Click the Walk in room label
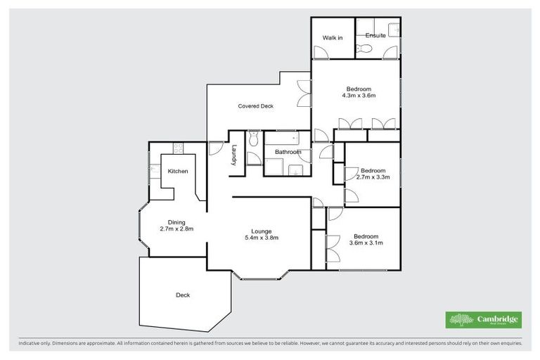tap(332, 37)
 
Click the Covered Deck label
tap(255, 106)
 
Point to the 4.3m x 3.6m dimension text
tap(359, 96)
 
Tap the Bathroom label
tap(288, 152)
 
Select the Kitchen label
tap(177, 172)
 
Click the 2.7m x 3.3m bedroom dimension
tap(373, 178)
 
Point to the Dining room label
tap(176, 222)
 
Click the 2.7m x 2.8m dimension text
tap(176, 229)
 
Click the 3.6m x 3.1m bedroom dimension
tap(366, 243)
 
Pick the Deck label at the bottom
tap(183, 295)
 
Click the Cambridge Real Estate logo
tap(484, 319)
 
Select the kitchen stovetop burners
tap(178, 148)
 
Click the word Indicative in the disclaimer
tap(30, 344)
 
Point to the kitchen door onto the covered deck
tap(215, 148)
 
